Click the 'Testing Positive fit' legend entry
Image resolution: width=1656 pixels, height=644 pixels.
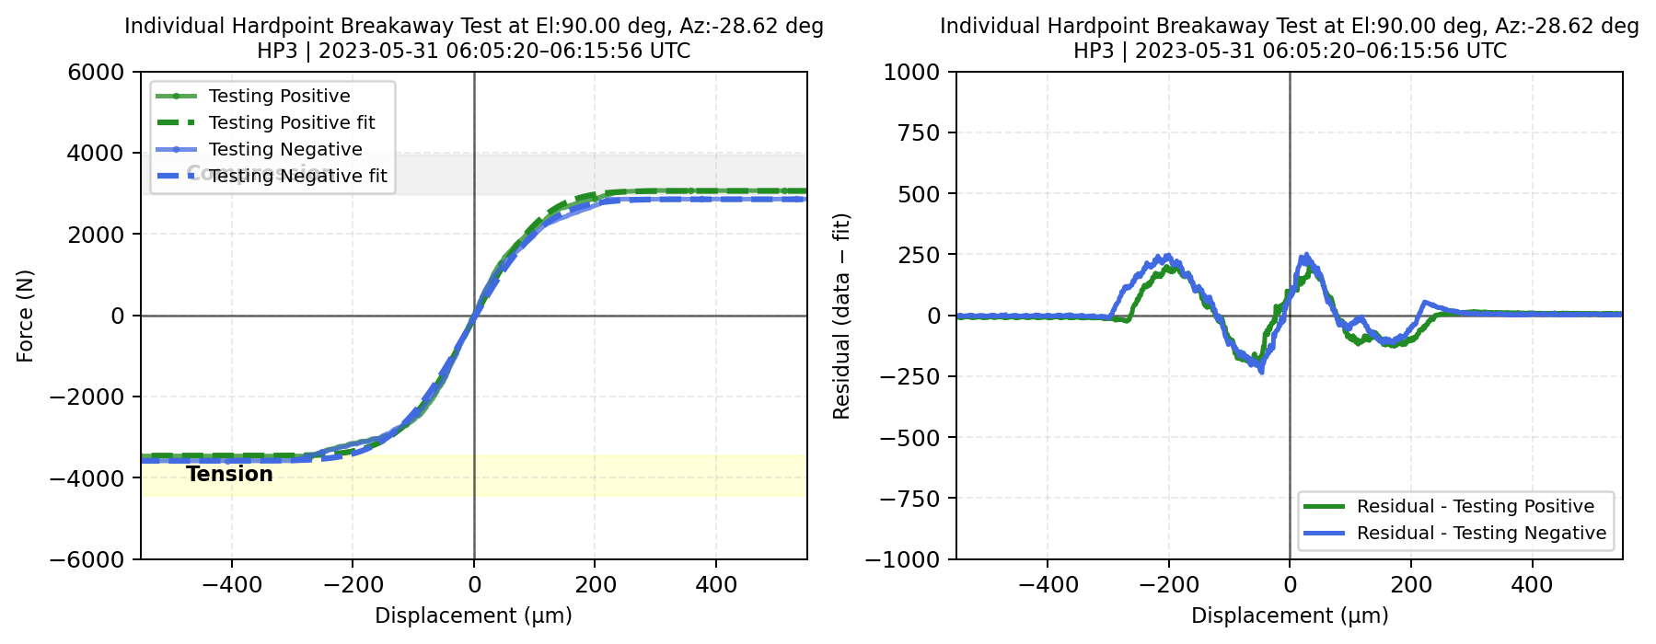tap(292, 122)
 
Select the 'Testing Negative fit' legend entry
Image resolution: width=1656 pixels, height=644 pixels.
tap(297, 176)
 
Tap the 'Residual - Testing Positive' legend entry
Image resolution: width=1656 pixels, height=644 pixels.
tap(1475, 506)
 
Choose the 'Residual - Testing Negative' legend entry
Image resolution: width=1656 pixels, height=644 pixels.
tap(1481, 533)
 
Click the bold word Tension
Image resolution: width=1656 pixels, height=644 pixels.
tap(229, 474)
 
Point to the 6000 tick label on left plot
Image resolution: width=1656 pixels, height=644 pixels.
tap(96, 72)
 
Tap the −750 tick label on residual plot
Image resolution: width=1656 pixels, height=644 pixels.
tap(909, 499)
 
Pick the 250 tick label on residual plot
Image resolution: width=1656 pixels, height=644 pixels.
tap(921, 255)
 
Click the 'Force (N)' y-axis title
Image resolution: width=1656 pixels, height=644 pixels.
tap(25, 316)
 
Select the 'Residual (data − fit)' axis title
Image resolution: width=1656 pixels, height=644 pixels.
tap(841, 316)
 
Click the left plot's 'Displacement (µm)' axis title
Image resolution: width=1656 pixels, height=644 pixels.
tap(473, 615)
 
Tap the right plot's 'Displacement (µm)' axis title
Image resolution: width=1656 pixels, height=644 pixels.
tap(1290, 615)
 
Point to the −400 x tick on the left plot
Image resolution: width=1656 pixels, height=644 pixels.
tap(232, 584)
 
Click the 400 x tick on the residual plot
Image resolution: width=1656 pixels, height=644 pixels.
tap(1532, 584)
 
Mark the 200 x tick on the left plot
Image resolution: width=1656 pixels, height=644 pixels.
tap(596, 584)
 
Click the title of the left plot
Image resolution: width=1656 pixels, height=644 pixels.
tap(473, 38)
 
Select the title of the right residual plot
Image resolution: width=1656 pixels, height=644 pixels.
tap(1289, 38)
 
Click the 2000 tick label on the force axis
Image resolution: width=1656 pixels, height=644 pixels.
tap(96, 235)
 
